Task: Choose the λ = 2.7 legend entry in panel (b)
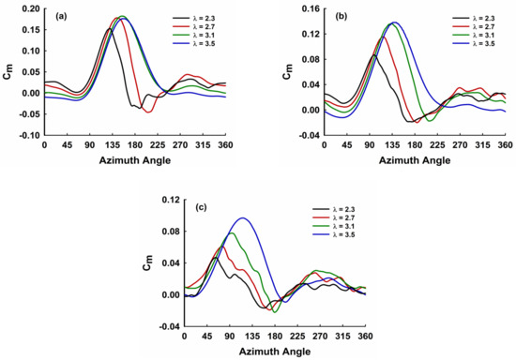coord(473,26)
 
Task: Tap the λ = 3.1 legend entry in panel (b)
coord(473,35)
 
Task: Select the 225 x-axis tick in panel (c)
coord(297,337)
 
